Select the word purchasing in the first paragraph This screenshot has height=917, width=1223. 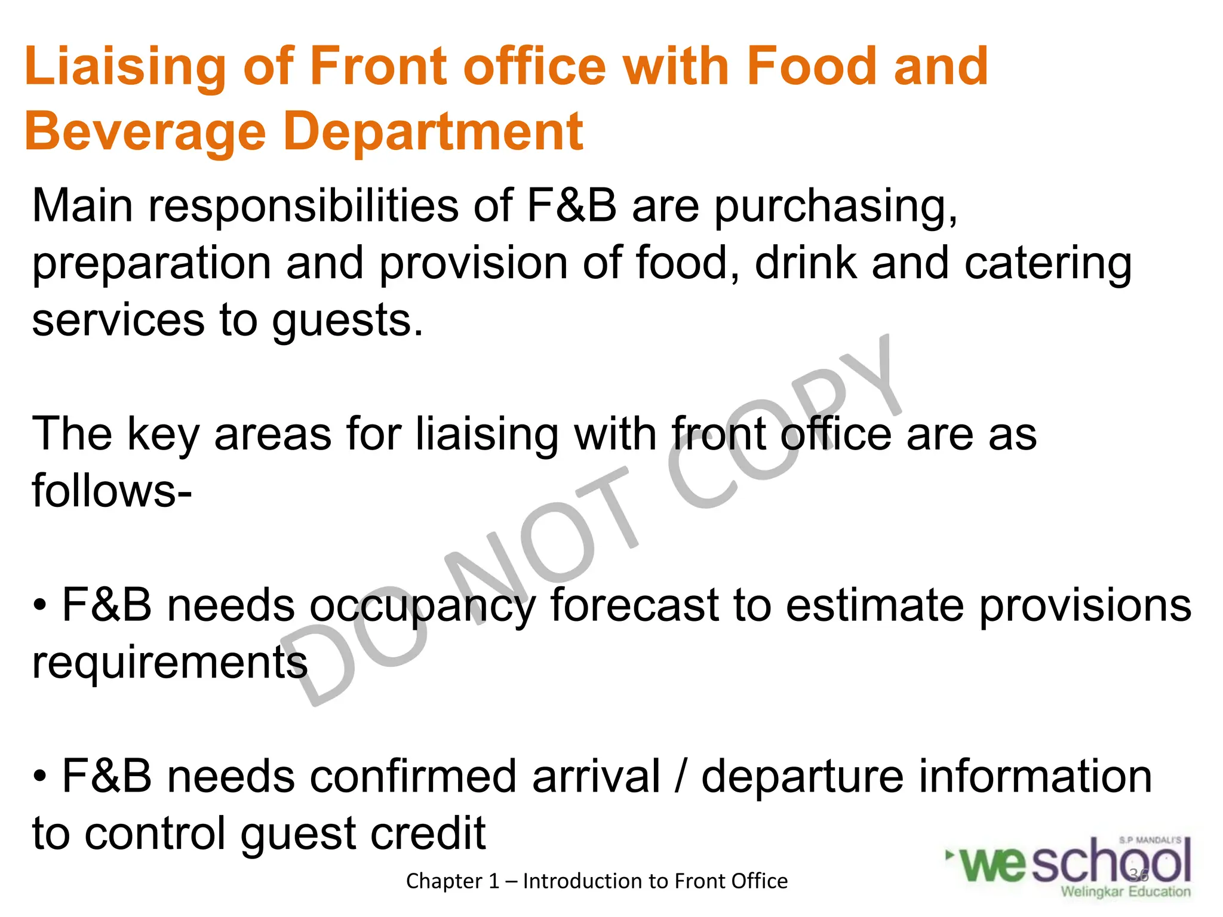[x=835, y=207]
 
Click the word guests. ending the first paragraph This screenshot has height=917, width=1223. [x=347, y=321]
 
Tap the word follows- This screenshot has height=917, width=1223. [x=112, y=491]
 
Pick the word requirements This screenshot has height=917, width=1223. [x=170, y=663]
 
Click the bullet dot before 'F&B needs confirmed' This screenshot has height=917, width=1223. [x=39, y=778]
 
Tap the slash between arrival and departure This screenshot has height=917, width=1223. [x=680, y=777]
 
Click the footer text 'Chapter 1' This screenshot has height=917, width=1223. [x=452, y=881]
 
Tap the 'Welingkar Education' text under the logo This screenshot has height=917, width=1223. [x=1125, y=892]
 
